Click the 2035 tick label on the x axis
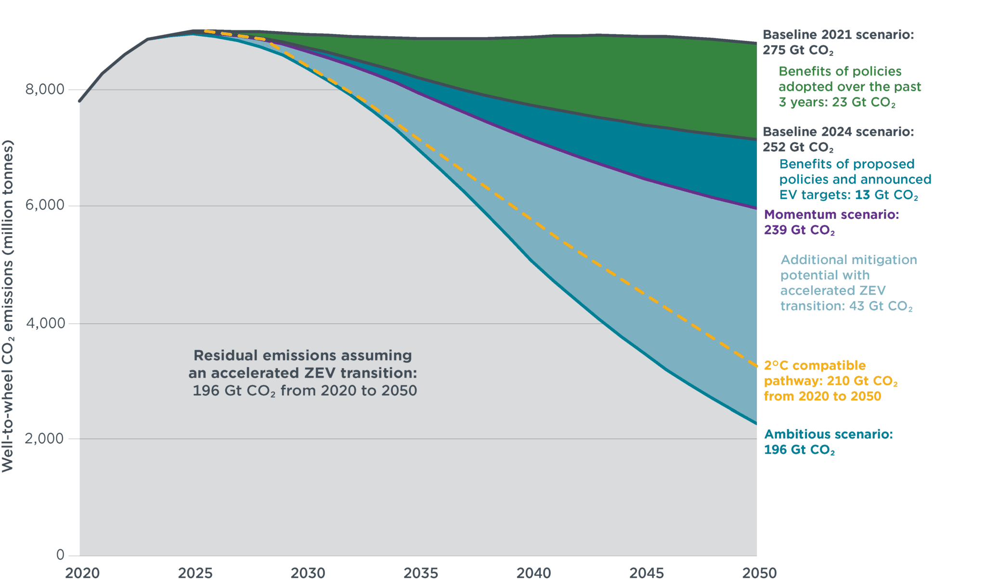[421, 573]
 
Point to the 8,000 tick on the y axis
[44, 90]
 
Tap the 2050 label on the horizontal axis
[759, 573]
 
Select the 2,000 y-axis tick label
[44, 439]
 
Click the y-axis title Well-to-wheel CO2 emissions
[8, 306]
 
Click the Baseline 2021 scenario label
[838, 42]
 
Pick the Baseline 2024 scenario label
[838, 139]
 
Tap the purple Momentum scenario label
[831, 222]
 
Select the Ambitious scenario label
[828, 442]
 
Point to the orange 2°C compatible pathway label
[830, 381]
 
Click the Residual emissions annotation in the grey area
[303, 373]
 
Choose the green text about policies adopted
[849, 87]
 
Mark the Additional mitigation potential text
[848, 283]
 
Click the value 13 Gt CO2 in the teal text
[886, 195]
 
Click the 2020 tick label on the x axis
[82, 573]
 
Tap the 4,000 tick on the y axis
[45, 323]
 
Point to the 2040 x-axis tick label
[533, 573]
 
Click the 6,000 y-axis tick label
[44, 206]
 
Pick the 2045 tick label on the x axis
[646, 573]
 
